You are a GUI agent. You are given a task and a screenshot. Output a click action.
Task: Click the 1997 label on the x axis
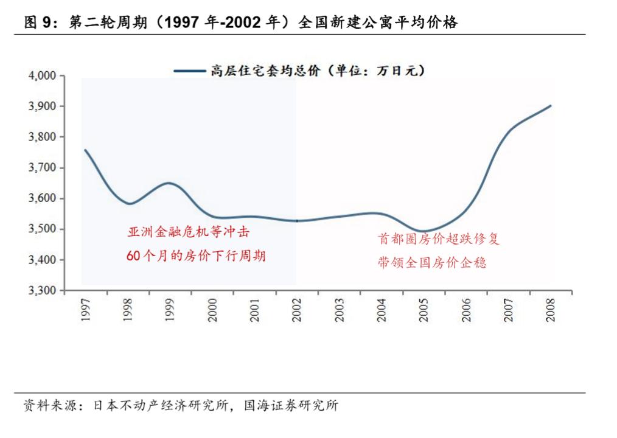coord(86,310)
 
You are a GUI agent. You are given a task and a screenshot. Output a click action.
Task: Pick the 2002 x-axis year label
coord(298,310)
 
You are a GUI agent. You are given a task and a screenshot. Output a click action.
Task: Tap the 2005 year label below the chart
coord(424,310)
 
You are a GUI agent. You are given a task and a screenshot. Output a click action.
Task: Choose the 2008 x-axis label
coord(551,310)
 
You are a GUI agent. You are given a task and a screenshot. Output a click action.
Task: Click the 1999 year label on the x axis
coord(170,310)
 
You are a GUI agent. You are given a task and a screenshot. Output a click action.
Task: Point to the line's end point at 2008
coord(551,106)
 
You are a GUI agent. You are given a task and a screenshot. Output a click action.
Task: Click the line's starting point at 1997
coord(85,150)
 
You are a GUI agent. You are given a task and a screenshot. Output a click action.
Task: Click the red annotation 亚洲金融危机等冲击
coord(189,232)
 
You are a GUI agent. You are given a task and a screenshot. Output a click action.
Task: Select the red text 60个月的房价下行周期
coord(196,256)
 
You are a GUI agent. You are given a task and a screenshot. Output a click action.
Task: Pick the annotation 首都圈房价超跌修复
coord(438,239)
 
